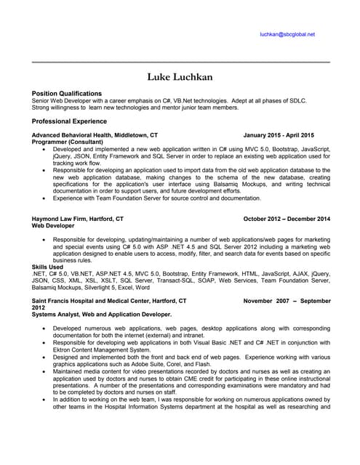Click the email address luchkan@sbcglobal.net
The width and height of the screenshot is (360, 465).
(287, 34)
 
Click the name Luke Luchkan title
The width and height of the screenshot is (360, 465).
(180, 77)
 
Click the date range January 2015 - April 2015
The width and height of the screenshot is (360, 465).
(279, 135)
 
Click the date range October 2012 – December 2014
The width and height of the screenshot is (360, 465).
(287, 219)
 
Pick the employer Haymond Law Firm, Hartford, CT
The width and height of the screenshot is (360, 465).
(78, 219)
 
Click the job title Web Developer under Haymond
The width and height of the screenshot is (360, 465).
(53, 226)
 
